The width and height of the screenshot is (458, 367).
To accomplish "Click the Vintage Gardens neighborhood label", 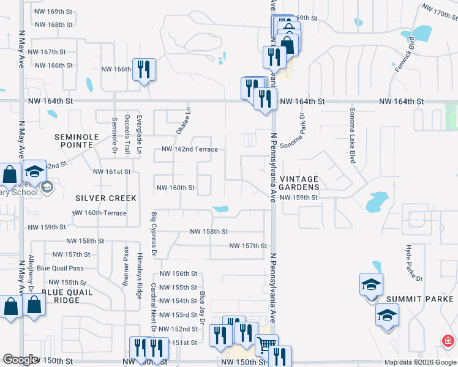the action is tap(299, 182).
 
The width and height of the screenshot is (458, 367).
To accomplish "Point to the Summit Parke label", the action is tap(410, 299).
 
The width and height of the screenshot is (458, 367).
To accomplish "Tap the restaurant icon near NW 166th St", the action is tap(144, 69).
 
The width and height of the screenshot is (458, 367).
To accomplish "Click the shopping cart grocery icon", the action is tap(266, 345).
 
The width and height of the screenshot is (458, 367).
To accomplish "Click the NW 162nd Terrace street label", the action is tap(189, 149).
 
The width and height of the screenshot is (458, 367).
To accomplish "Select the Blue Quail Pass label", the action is tap(60, 268).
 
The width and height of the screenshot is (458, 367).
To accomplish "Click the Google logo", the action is tap(20, 360).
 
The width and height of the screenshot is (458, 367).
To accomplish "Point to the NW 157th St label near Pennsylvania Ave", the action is tap(248, 246).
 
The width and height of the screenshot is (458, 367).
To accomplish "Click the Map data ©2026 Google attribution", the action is tap(419, 362).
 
